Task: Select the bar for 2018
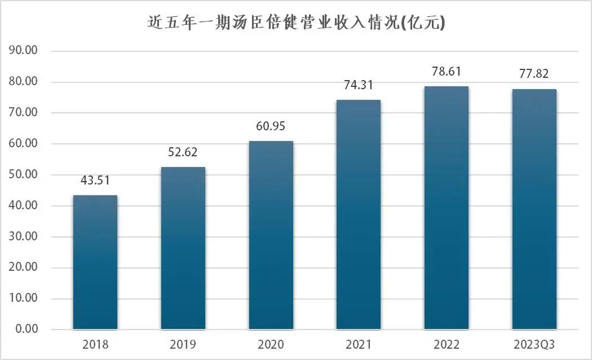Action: [95, 262]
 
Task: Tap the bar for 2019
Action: [183, 248]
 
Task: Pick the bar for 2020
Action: [271, 235]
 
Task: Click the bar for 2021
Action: [359, 214]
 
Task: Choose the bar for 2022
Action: [447, 208]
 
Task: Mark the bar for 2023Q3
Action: [534, 209]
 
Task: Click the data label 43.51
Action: [95, 181]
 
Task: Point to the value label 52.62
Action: [183, 153]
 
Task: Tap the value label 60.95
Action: [271, 127]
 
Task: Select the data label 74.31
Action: [359, 86]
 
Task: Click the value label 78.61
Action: [447, 72]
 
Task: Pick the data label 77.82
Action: [534, 74]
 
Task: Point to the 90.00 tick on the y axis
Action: [24, 51]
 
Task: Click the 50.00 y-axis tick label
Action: [24, 175]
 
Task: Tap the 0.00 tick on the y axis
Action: [26, 330]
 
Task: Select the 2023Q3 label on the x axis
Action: [534, 344]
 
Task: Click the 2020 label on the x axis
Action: [271, 344]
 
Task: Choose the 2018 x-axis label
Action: [95, 344]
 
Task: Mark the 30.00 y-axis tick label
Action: [24, 237]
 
